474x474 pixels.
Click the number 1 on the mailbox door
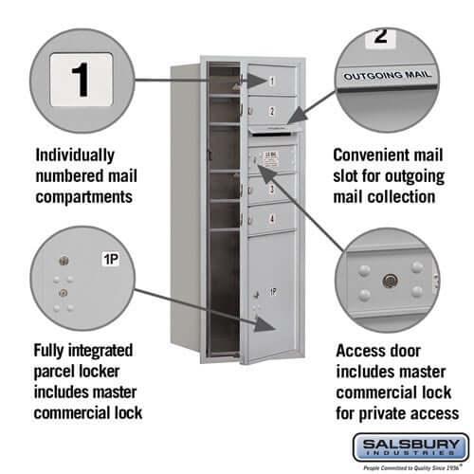(271, 82)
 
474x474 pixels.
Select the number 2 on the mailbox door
(271, 112)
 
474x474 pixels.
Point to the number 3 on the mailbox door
(271, 190)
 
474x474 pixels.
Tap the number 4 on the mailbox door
(271, 219)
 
